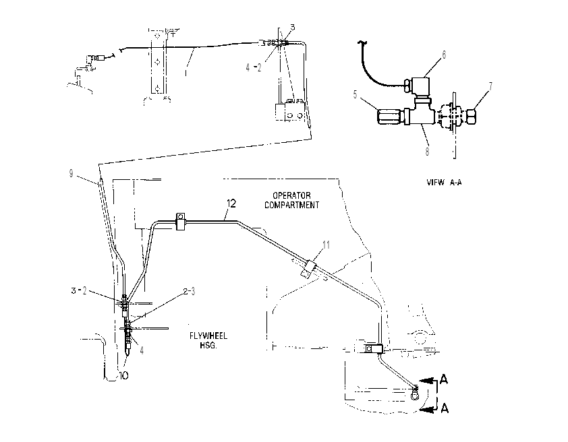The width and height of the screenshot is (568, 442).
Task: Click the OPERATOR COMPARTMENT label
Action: tap(291, 200)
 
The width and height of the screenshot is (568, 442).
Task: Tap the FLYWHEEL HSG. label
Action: tap(208, 340)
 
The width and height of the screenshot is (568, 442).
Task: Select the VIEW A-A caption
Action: tap(444, 183)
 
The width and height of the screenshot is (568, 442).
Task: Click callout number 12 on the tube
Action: tap(231, 203)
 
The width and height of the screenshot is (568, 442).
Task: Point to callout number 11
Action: tap(326, 245)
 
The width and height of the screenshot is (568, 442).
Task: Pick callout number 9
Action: tap(71, 174)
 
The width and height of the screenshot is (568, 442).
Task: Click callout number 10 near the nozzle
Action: tap(123, 376)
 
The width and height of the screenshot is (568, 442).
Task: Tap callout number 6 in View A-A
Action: tap(444, 55)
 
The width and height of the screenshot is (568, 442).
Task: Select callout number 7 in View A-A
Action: tap(490, 86)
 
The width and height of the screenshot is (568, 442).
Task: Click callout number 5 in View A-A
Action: tap(356, 94)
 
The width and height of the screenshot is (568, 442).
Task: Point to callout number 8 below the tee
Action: tap(428, 152)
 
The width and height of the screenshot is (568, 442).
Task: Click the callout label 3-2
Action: tap(79, 291)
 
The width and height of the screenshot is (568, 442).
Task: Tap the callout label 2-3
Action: tap(189, 291)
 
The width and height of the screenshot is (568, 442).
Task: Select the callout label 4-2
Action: tap(253, 67)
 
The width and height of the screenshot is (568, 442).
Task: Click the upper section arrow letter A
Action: tap(444, 379)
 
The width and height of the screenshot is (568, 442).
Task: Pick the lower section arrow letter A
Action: tap(445, 409)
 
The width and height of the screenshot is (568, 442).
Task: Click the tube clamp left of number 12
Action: tap(180, 222)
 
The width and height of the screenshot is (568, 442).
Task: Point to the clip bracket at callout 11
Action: tap(308, 269)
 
